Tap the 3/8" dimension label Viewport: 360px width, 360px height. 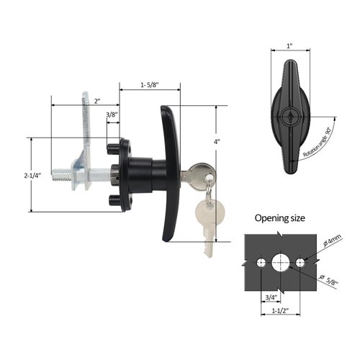113,114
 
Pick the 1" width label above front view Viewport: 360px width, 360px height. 289,45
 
